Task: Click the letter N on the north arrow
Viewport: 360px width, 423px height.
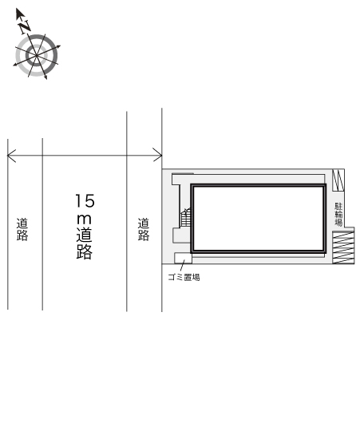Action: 25,26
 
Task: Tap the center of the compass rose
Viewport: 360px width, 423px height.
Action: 37,56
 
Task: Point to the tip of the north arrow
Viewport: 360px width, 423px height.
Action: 17,9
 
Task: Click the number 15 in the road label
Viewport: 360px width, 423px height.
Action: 85,200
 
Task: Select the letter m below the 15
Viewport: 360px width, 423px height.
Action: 84,219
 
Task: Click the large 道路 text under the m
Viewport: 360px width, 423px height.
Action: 85,243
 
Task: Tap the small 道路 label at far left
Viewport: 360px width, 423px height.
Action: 22,229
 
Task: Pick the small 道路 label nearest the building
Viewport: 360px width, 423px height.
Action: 144,229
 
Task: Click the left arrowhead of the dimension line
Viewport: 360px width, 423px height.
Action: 11,156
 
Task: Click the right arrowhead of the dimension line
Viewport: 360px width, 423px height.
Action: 158,155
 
